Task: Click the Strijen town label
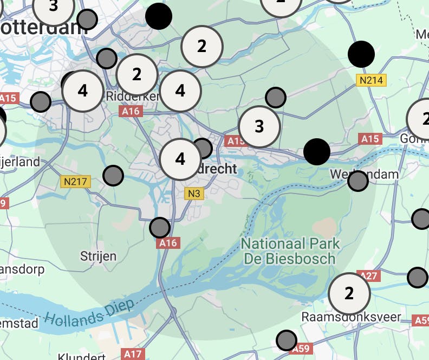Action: point(98,255)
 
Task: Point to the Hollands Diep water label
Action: point(89,313)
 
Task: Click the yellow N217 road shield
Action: point(75,182)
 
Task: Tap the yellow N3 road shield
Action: point(194,193)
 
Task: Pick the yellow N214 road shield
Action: point(372,80)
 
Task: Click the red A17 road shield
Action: point(133,354)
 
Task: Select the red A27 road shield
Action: point(368,275)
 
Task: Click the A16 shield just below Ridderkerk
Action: point(131,111)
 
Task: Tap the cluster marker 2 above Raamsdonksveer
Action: point(349,293)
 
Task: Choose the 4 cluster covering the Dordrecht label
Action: point(180,159)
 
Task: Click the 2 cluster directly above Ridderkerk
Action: point(136,74)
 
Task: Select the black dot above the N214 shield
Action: point(361,54)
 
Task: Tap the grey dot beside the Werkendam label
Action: point(357,181)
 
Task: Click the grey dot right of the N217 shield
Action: point(113,175)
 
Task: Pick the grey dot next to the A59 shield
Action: point(287,340)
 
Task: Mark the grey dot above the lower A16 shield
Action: point(159,228)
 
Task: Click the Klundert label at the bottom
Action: point(81,356)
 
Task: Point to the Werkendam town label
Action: point(365,174)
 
